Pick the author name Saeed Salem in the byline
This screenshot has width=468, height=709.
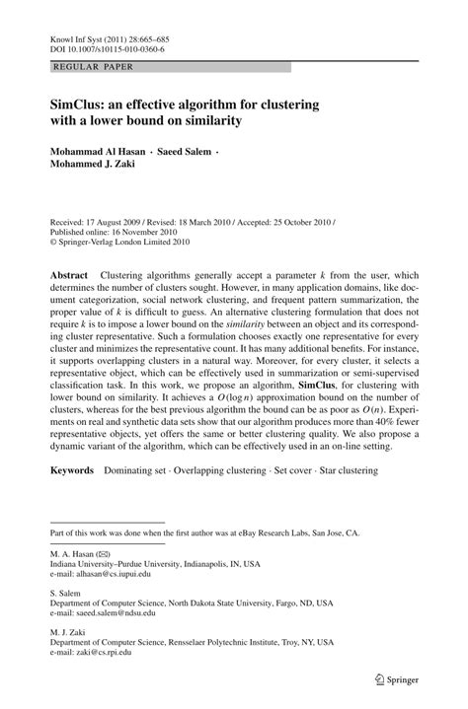click(x=198, y=152)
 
